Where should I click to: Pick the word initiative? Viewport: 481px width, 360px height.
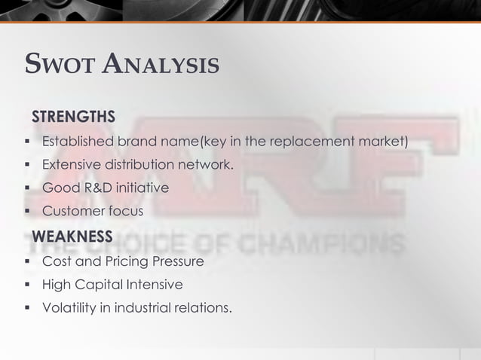click(x=141, y=188)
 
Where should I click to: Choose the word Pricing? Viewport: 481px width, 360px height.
click(x=123, y=262)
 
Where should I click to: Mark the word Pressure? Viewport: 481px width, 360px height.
click(x=177, y=262)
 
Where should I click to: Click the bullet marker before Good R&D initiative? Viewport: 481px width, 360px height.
click(x=26, y=188)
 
